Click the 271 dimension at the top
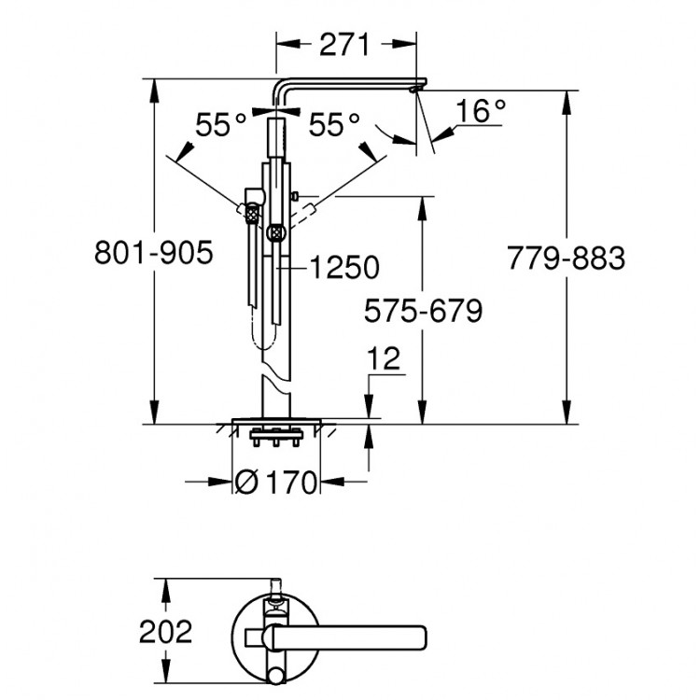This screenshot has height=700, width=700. click(344, 44)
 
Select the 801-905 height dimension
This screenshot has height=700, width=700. click(154, 254)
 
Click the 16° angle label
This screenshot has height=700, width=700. click(480, 112)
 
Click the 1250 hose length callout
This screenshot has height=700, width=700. click(344, 268)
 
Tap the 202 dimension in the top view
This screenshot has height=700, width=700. click(165, 631)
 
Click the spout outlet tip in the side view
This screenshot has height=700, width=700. click(416, 89)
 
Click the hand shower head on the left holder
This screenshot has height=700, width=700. click(249, 212)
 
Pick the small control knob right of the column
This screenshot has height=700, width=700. click(294, 197)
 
